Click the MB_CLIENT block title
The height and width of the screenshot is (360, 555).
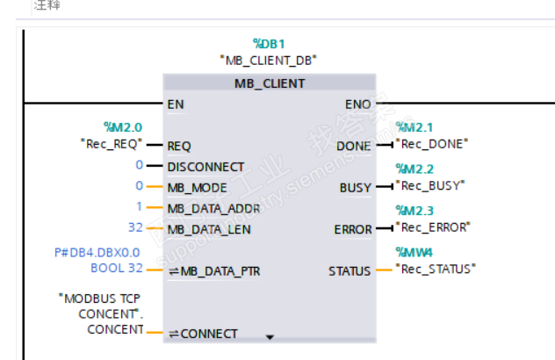(269, 83)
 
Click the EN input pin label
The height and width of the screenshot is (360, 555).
(176, 104)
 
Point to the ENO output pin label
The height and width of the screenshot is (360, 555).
(357, 104)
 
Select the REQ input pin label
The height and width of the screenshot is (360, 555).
(179, 146)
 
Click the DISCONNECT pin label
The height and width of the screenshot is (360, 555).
(205, 167)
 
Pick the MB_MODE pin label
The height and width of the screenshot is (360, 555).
(197, 187)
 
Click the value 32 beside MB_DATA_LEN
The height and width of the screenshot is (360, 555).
(135, 228)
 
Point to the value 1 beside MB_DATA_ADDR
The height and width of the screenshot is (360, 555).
(139, 207)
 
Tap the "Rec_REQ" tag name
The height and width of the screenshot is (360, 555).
(109, 144)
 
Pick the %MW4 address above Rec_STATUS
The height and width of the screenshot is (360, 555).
(414, 253)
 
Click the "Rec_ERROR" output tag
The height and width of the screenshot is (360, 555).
(432, 227)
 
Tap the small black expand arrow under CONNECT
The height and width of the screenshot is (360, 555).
(270, 336)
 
